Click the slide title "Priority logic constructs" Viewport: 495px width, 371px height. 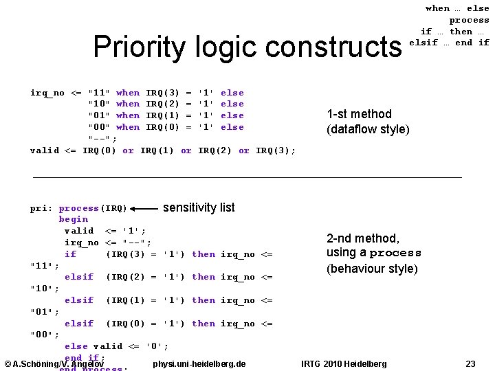[x=247, y=47]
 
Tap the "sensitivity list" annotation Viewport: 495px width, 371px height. [x=199, y=207]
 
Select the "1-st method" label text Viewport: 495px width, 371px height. [x=359, y=114]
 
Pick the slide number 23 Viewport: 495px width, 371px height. [x=470, y=363]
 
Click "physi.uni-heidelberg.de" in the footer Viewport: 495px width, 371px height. [x=199, y=363]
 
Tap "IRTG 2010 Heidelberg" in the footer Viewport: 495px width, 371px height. [x=344, y=363]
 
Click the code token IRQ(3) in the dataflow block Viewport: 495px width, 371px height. [x=162, y=93]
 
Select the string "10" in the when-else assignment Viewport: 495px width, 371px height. [x=99, y=104]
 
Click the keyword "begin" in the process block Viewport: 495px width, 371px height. [x=73, y=219]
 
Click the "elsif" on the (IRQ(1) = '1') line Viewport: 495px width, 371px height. [x=78, y=300]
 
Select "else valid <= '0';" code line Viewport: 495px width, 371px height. [x=116, y=346]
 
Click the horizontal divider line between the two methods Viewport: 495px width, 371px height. [x=247, y=177]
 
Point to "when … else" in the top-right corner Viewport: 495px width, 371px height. [x=457, y=8]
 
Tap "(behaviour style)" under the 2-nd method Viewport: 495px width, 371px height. [x=372, y=268]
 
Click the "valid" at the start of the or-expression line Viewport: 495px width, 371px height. [x=44, y=150]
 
